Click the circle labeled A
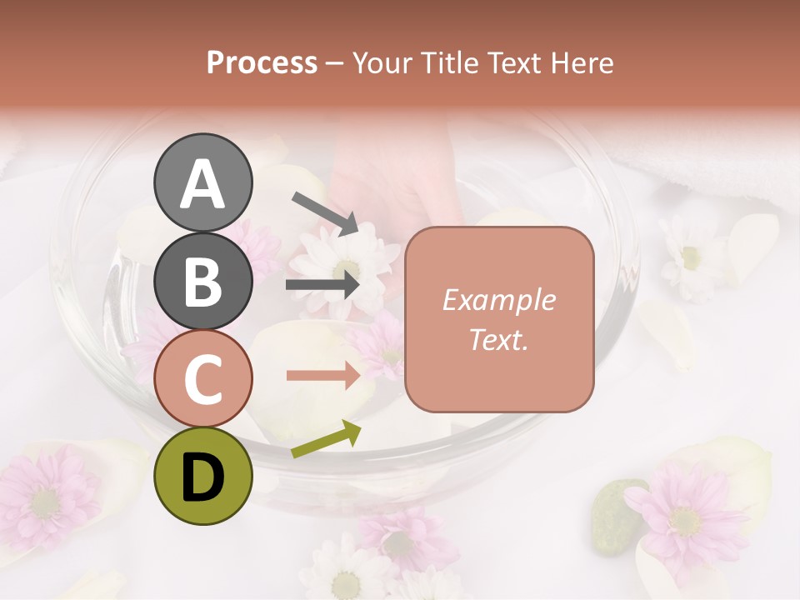click(x=202, y=182)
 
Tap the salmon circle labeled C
click(x=202, y=378)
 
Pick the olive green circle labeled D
click(x=202, y=476)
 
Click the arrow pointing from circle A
click(x=325, y=212)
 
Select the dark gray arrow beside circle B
click(x=323, y=285)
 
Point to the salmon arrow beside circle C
click(x=323, y=376)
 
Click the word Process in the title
click(x=262, y=63)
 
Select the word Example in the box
click(x=498, y=300)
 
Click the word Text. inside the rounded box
click(x=498, y=340)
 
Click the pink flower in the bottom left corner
click(x=46, y=497)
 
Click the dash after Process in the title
click(x=335, y=63)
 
